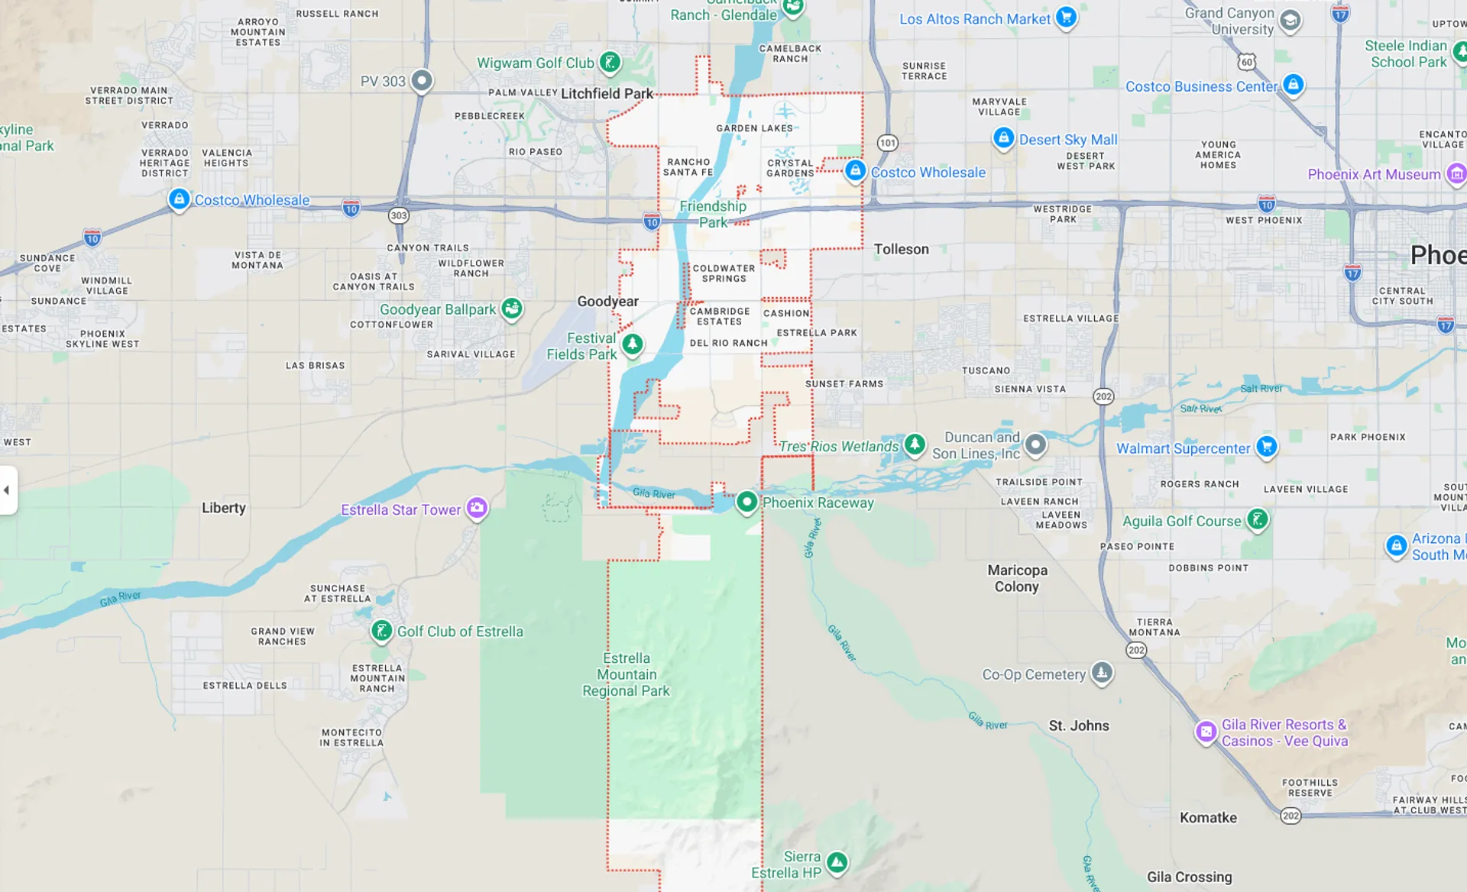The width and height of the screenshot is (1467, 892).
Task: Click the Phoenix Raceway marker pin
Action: tap(746, 502)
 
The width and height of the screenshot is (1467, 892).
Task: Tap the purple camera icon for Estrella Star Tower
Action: tap(478, 507)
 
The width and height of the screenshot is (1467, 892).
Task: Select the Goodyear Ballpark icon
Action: tap(512, 309)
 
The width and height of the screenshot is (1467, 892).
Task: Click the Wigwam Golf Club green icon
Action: tap(610, 62)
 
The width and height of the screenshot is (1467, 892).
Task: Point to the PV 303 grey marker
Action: tap(422, 80)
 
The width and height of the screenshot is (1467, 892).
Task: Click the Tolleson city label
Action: tap(902, 249)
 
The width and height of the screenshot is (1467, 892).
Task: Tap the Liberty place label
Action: tap(224, 508)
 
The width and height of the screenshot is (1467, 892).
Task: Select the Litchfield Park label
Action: tap(607, 93)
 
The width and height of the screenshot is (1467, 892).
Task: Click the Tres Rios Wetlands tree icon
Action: tap(915, 444)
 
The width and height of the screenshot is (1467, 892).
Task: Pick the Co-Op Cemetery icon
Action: tap(1102, 673)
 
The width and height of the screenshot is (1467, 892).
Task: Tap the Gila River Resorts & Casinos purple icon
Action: tap(1206, 732)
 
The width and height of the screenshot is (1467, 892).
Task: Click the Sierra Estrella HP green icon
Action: tap(837, 863)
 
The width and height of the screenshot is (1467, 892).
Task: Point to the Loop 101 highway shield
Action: tap(887, 143)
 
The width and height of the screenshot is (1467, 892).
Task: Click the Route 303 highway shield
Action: tap(399, 215)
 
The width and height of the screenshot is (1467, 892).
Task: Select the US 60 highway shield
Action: tap(1247, 62)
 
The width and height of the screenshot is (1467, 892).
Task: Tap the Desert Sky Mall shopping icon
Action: tap(1003, 138)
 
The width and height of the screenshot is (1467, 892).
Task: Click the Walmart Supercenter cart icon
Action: tap(1267, 446)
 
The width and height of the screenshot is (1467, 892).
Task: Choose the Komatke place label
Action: tap(1208, 817)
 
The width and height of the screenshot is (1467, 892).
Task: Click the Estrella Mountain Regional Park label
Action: tap(626, 674)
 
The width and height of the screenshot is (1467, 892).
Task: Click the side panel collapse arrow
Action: tap(7, 490)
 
